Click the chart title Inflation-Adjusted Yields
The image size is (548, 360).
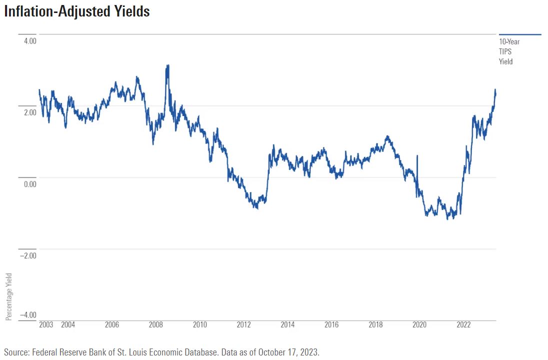click(x=77, y=11)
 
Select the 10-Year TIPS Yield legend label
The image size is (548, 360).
click(x=509, y=51)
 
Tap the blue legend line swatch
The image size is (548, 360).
click(x=520, y=34)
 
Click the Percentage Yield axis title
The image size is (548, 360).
click(x=8, y=296)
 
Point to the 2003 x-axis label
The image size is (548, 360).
click(x=46, y=325)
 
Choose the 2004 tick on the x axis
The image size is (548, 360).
click(x=68, y=325)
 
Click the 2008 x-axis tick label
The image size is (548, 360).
click(x=156, y=325)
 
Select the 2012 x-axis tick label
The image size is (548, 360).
click(x=244, y=325)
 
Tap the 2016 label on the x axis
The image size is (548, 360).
click(x=331, y=325)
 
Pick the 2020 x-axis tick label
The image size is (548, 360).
click(x=419, y=325)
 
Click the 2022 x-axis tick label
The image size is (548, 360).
click(x=463, y=325)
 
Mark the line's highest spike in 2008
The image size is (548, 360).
click(x=168, y=65)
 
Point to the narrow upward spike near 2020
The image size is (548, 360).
click(x=417, y=156)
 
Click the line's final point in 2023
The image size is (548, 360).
click(x=495, y=93)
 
